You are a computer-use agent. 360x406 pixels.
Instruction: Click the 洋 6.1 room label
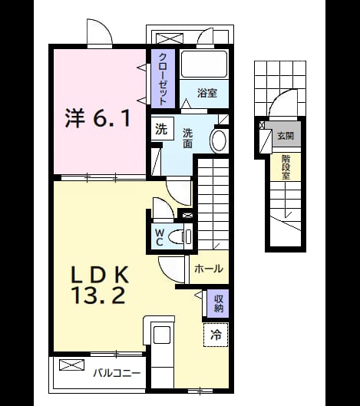point(97,119)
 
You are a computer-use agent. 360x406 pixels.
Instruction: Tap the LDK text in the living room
point(100,275)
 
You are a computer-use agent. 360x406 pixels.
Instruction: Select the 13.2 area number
point(100,295)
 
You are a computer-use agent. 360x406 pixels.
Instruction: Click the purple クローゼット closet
point(163,78)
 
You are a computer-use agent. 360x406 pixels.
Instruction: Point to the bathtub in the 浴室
point(204,64)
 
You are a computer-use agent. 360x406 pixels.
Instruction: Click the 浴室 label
point(207,93)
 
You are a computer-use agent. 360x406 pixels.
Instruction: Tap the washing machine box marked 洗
point(162,129)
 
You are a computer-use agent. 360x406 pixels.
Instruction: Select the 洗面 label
point(187,138)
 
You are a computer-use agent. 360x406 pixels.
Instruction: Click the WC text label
point(159,237)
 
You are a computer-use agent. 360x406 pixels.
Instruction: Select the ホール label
point(209,269)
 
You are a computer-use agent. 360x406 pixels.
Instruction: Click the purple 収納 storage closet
point(217,303)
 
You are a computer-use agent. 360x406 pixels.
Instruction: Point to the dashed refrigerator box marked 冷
point(216,335)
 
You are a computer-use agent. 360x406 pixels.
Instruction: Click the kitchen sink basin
point(162,335)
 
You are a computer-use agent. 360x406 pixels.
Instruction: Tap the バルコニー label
point(117,373)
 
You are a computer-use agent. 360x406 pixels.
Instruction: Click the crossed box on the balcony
point(71,365)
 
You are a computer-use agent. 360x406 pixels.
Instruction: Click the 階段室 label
point(286,167)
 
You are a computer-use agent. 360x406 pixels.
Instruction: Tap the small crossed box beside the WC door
point(188,215)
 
